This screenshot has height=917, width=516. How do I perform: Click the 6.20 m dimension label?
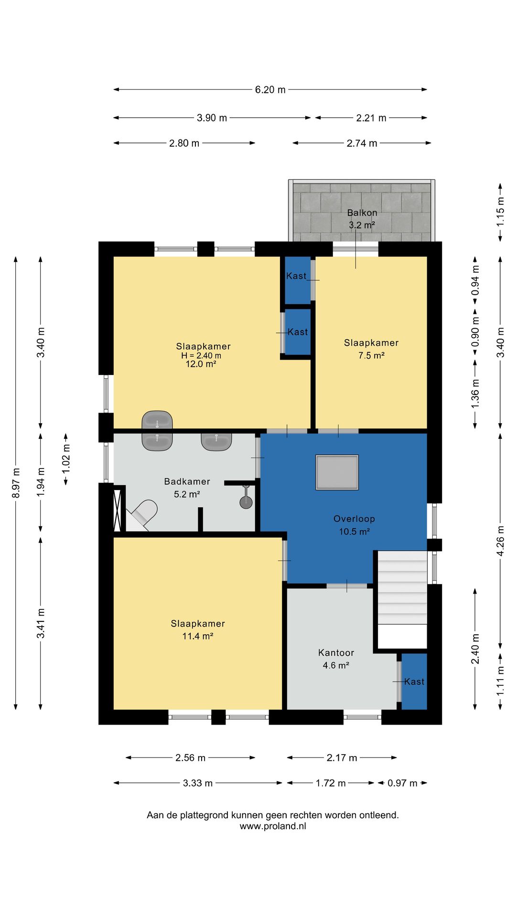coord(270,90)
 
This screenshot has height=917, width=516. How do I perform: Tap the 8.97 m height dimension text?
coord(16,482)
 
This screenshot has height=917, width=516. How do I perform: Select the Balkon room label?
coord(362,213)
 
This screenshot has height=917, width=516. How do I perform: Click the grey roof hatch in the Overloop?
coord(337,472)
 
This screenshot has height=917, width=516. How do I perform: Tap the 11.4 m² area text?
coord(198,636)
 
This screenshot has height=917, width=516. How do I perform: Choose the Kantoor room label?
coord(336,653)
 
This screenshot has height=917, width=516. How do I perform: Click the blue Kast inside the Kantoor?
coord(414,682)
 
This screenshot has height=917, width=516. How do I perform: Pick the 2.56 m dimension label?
coord(190,758)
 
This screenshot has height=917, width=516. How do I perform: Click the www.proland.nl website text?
coord(273,826)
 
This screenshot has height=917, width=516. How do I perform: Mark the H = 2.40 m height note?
coord(201,356)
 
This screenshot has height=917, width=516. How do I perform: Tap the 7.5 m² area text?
coord(372,355)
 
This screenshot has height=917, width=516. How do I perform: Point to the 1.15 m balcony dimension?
coord(500,212)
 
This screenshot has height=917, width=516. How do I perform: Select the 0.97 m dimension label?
coord(402,783)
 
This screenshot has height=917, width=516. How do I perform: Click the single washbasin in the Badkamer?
coord(216,441)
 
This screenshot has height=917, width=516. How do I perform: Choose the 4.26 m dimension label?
coord(500,541)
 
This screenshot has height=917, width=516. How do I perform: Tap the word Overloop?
coord(354,519)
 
